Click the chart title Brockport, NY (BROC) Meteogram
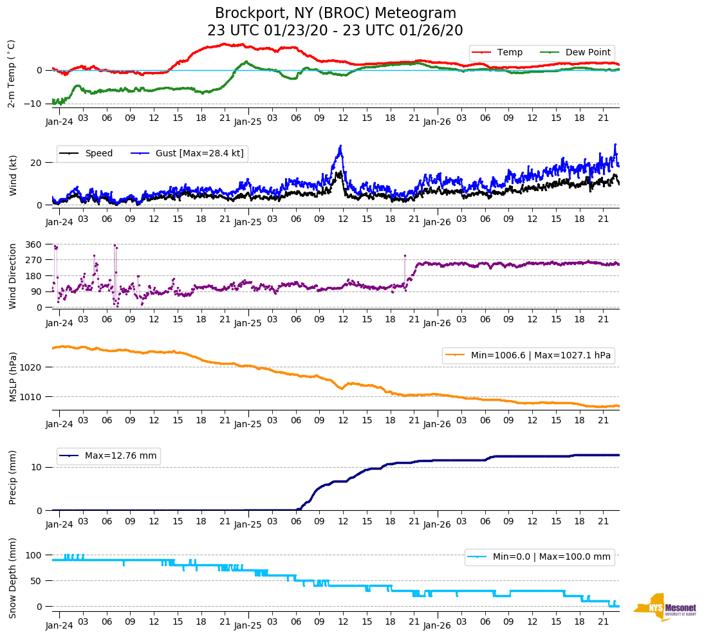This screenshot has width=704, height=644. pos(335,14)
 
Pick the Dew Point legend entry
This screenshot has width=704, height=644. pos(588,53)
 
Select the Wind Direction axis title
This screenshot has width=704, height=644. pos(13,275)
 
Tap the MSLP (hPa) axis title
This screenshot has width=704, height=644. pos(13,376)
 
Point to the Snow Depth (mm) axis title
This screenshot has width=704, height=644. pos(13,580)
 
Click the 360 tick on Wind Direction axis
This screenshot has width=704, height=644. pos(33,244)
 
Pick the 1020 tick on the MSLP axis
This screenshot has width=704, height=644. pos(31,367)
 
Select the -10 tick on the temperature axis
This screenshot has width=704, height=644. pos(33,104)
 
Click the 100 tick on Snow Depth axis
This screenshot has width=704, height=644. pos(33,555)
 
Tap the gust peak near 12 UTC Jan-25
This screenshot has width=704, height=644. pos(340,147)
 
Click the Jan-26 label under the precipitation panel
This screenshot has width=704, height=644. pos(436,524)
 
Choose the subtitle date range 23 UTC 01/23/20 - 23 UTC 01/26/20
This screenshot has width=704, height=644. pos(335,30)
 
